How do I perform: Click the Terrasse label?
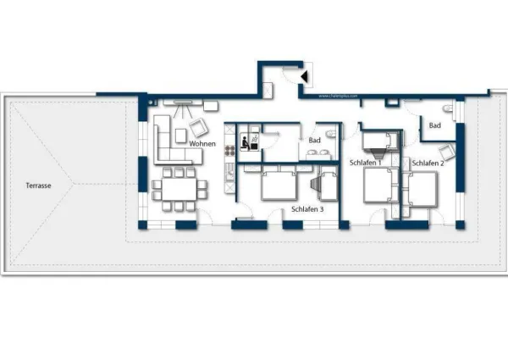tap(37, 185)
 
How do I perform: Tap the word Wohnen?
tap(202, 144)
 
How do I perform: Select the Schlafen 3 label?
tap(305, 208)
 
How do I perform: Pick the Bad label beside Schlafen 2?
tap(435, 125)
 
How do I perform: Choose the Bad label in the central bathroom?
tap(314, 141)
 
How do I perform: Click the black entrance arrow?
tap(305, 77)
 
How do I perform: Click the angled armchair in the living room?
tap(199, 127)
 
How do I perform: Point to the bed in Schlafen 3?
tap(279, 183)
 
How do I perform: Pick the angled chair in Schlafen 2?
tap(446, 152)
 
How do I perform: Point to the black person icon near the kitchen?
tap(244, 142)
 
